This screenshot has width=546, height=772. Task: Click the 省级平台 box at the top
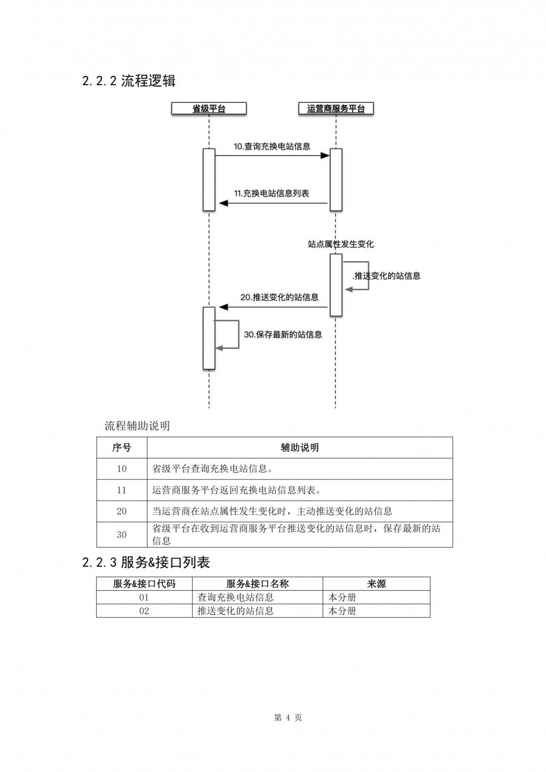[x=209, y=108]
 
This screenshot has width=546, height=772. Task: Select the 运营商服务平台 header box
[x=336, y=108]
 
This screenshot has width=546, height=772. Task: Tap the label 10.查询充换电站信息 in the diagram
[x=272, y=146]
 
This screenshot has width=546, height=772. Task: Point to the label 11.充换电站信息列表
[x=271, y=193]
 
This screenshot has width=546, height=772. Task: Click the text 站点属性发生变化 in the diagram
[x=341, y=245]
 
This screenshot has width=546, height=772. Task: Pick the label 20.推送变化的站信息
[x=280, y=297]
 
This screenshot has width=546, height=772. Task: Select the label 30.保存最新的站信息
[x=283, y=334]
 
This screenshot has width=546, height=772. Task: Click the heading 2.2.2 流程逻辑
[x=129, y=81]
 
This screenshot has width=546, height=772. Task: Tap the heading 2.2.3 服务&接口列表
[x=146, y=562]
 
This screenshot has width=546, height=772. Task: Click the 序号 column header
[x=122, y=448]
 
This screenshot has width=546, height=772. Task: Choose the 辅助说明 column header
[x=300, y=448]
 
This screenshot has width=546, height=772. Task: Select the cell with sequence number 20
[x=122, y=511]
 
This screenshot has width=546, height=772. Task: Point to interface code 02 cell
[x=144, y=611]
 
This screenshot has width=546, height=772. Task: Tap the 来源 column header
[x=376, y=584]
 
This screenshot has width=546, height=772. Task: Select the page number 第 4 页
[x=288, y=718]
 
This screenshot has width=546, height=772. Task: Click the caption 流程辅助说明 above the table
[x=137, y=426]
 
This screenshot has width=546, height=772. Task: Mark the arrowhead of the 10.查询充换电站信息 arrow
[x=325, y=156]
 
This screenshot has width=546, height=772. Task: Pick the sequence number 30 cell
[x=122, y=535]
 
